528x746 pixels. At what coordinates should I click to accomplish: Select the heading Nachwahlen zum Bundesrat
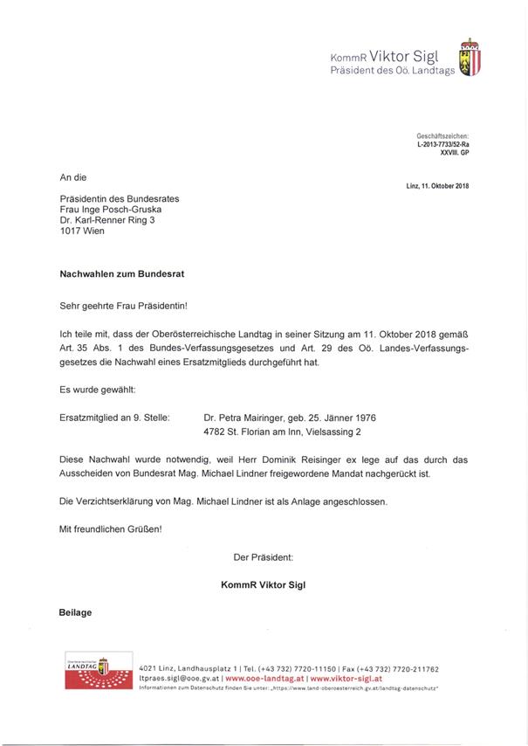tap(121, 273)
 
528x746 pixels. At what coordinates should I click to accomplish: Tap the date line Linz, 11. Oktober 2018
tap(437, 185)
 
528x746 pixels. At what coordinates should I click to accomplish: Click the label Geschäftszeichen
tap(442, 135)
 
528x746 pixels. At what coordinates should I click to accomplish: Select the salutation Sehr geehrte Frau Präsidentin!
tap(123, 306)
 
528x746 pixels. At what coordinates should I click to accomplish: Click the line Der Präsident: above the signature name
tap(264, 556)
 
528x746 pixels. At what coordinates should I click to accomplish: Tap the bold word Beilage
tap(75, 612)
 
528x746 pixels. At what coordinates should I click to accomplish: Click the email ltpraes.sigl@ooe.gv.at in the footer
tap(179, 678)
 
